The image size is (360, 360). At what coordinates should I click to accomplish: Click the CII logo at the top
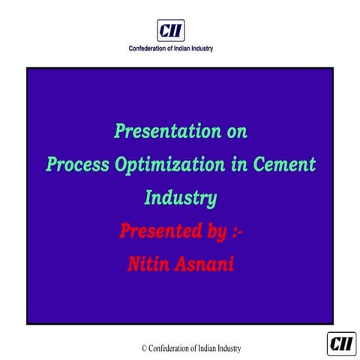coord(170,31)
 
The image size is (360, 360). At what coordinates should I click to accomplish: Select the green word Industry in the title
coord(180,198)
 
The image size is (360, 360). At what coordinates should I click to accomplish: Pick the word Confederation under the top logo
coord(150,49)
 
